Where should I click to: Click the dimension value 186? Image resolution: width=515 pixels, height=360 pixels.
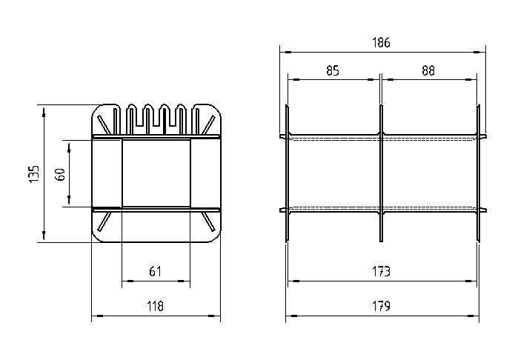[381, 43]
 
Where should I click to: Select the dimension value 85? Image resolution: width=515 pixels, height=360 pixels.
[333, 70]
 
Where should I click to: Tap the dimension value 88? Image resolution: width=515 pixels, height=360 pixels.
[428, 70]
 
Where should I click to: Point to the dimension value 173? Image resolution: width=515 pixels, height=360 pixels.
[381, 272]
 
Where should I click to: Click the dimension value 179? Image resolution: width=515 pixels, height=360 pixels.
[381, 306]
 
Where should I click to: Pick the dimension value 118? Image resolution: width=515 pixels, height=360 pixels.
[155, 306]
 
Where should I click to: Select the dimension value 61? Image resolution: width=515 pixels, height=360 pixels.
[156, 272]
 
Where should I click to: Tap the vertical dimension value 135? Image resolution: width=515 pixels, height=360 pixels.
[34, 174]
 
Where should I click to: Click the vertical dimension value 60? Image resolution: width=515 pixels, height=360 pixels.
[61, 174]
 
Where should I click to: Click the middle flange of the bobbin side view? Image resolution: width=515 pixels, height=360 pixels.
[381, 173]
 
